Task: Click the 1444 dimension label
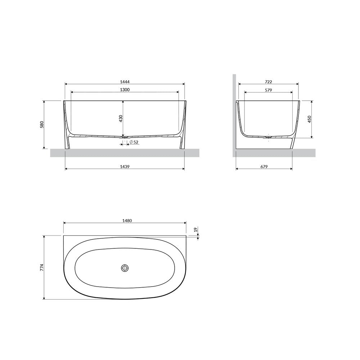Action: [x=125, y=82]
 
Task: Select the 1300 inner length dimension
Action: [x=125, y=90]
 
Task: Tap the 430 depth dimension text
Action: [x=121, y=118]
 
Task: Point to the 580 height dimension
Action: [x=42, y=125]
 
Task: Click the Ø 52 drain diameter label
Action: [x=134, y=142]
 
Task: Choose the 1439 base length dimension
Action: [x=125, y=166]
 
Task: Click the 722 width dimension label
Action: [x=269, y=82]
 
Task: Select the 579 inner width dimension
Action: [x=269, y=90]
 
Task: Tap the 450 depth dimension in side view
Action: [x=309, y=119]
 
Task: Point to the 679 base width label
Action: [x=264, y=166]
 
